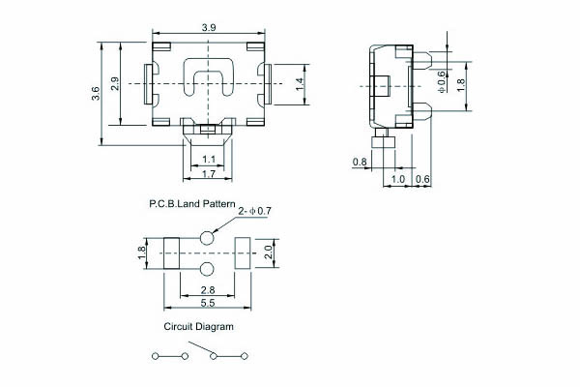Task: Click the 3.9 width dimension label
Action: pos(209,28)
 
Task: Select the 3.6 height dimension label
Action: pos(96,93)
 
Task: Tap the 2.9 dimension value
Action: pos(115,84)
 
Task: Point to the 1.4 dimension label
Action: pos(300,84)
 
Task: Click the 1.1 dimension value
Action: pos(209,160)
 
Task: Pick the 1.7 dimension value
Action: pos(209,174)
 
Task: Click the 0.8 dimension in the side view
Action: pos(360,163)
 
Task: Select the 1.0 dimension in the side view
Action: pos(398,180)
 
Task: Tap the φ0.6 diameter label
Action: pos(442,82)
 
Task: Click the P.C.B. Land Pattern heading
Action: pos(192,204)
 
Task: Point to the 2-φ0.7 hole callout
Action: pos(254,212)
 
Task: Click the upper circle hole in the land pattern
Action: pos(207,238)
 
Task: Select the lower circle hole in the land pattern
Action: pos(207,269)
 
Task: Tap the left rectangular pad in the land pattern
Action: pos(172,253)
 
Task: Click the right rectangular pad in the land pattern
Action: pos(243,253)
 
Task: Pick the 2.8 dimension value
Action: pos(208,289)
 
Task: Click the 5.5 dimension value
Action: pos(208,303)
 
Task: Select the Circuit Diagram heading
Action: pos(198,327)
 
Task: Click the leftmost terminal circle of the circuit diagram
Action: pos(156,356)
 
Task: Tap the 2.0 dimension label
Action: pos(269,252)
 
